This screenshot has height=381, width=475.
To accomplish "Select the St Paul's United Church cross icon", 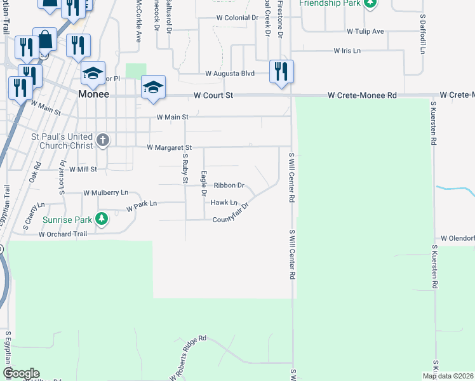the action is pyautogui.click(x=103, y=139).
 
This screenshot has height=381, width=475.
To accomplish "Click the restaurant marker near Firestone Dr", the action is pyautogui.click(x=281, y=70).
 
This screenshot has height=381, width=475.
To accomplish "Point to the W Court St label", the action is pyautogui.click(x=213, y=95).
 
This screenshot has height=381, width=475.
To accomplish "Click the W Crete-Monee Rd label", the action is pyautogui.click(x=362, y=95).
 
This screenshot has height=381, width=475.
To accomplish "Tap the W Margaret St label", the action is pyautogui.click(x=169, y=147).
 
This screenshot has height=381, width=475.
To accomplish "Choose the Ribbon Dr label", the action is pyautogui.click(x=229, y=185).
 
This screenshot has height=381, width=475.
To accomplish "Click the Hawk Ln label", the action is pyautogui.click(x=224, y=203).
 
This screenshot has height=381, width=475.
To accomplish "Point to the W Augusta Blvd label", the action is pyautogui.click(x=229, y=74).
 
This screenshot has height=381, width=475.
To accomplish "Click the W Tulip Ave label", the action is pyautogui.click(x=365, y=31).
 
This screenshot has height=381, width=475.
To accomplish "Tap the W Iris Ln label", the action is pyautogui.click(x=347, y=51).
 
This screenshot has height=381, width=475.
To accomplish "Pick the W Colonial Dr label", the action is pyautogui.click(x=238, y=18).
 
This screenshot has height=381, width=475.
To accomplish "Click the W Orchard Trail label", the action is pyautogui.click(x=62, y=234).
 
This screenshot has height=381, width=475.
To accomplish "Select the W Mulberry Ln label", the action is pyautogui.click(x=105, y=192).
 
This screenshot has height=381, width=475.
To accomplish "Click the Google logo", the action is pyautogui.click(x=21, y=373).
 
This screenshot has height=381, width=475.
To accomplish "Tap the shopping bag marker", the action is pyautogui.click(x=45, y=40).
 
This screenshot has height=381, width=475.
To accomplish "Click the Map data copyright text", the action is pyautogui.click(x=448, y=376).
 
